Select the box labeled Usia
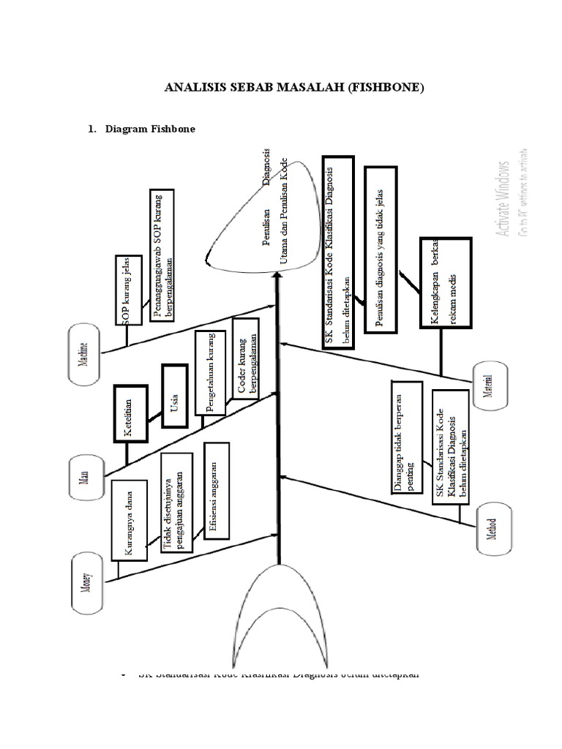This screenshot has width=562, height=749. point(174,396)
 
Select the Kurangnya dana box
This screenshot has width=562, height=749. point(128,520)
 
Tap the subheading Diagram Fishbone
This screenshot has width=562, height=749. point(150,129)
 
